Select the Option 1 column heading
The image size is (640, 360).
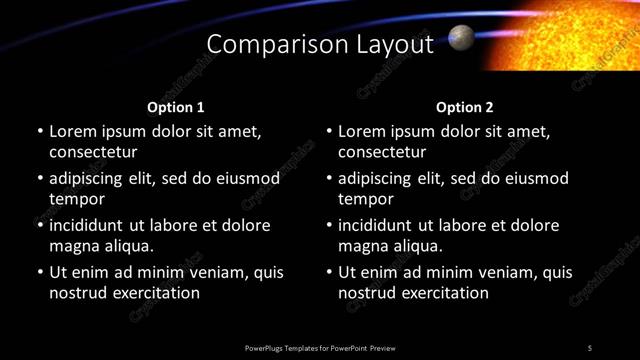(x=176, y=107)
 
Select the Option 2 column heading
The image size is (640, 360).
(x=465, y=107)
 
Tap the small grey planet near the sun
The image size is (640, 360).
(x=461, y=38)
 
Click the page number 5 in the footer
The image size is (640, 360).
(x=590, y=347)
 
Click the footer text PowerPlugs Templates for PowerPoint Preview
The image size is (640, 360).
(x=320, y=347)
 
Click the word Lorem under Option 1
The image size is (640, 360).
(x=73, y=131)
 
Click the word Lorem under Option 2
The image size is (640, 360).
(x=362, y=131)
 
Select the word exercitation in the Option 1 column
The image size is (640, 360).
(x=155, y=293)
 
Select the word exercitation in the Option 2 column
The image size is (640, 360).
(x=444, y=293)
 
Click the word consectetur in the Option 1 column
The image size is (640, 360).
(x=93, y=152)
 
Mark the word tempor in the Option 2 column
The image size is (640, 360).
(x=365, y=200)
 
